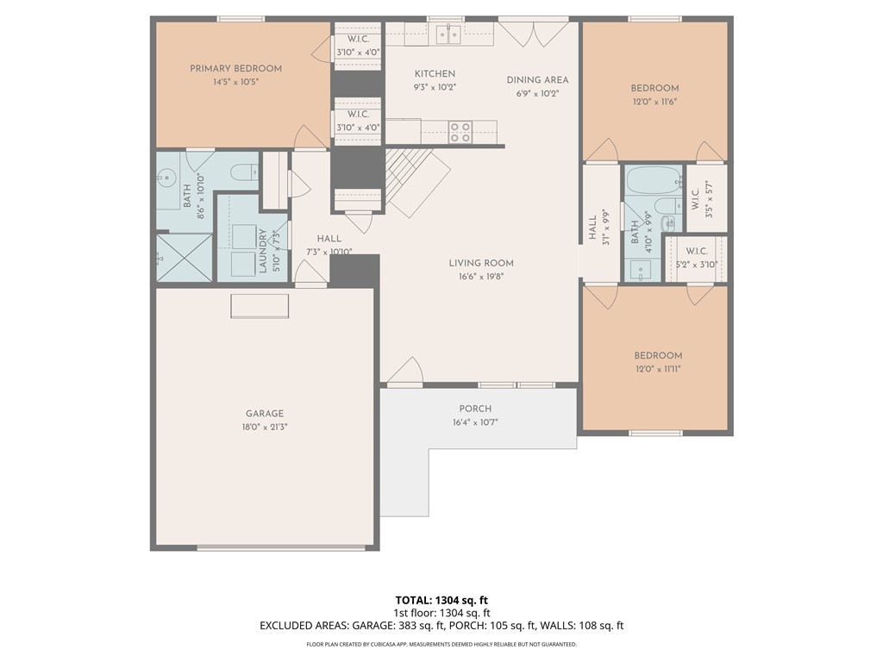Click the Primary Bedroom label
coord(235,69)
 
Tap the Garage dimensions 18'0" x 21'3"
coord(264,427)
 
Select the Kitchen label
coord(435,74)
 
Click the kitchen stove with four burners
coord(460,132)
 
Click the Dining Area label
coord(537,80)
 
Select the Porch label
coord(475,409)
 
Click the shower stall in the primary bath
coord(183,258)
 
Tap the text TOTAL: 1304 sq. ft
coord(441,600)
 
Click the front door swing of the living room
coord(404,372)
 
